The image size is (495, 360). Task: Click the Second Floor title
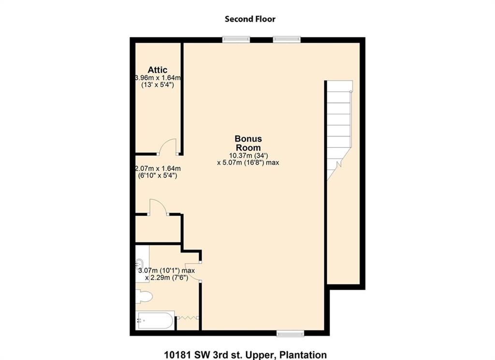250,19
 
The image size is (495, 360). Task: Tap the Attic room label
158,70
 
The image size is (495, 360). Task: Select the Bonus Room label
248,143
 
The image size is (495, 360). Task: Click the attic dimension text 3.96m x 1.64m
158,78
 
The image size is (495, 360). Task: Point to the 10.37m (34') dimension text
248,155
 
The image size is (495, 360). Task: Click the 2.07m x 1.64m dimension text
158,169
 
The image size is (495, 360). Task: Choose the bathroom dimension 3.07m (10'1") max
166,270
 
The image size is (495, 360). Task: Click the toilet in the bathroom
144,297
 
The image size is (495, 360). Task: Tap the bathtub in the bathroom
155,320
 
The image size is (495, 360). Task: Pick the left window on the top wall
236,40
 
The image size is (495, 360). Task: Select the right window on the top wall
287,40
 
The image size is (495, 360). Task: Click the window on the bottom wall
290,333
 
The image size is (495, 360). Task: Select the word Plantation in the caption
304,355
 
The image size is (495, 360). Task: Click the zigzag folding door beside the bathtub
188,317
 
